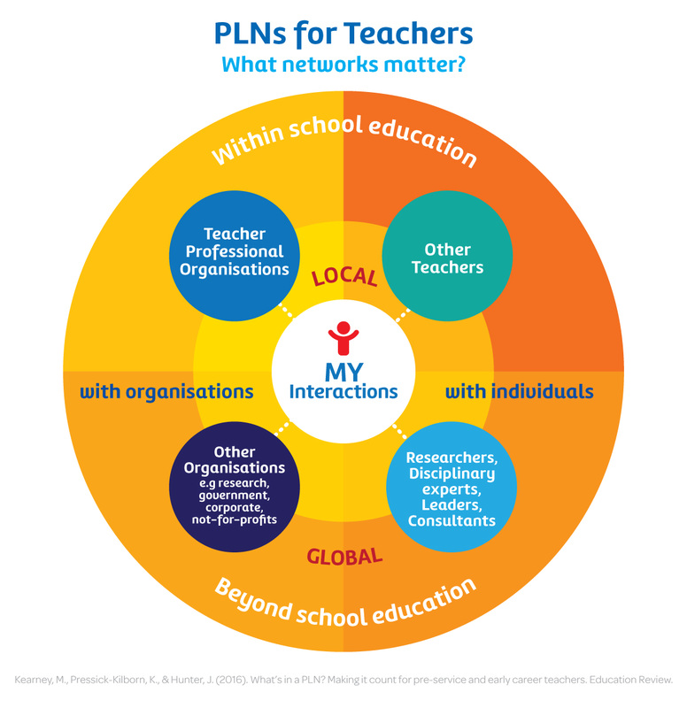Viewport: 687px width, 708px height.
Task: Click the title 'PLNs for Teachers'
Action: pyautogui.click(x=343, y=34)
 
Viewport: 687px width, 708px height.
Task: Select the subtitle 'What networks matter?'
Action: pyautogui.click(x=343, y=65)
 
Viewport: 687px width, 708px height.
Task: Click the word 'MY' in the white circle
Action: pyautogui.click(x=343, y=370)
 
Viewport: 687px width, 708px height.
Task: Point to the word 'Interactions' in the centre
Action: pyautogui.click(x=343, y=391)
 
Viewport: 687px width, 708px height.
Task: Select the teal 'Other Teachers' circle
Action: pyautogui.click(x=452, y=258)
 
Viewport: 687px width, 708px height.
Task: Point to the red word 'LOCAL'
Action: pyautogui.click(x=344, y=277)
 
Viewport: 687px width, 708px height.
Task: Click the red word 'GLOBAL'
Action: pyautogui.click(x=344, y=557)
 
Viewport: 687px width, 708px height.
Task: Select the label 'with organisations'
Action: pyautogui.click(x=166, y=391)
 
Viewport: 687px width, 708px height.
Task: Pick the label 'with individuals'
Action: pyautogui.click(x=519, y=391)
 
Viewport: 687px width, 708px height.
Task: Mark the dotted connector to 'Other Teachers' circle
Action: pyautogui.click(x=401, y=315)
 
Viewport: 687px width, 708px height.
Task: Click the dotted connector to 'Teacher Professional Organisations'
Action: pyautogui.click(x=286, y=312)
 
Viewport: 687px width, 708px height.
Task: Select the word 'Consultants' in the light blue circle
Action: pyautogui.click(x=452, y=521)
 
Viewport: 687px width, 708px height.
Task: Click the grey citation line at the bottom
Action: pyautogui.click(x=343, y=680)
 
